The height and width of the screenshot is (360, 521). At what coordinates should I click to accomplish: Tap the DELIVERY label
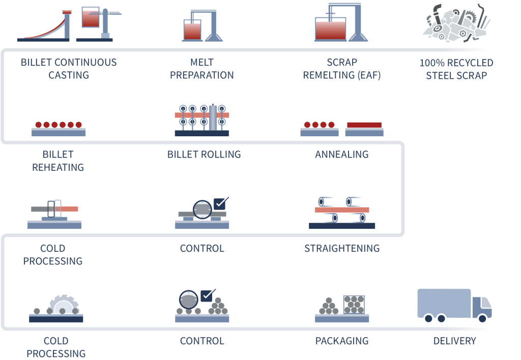pyautogui.click(x=454, y=341)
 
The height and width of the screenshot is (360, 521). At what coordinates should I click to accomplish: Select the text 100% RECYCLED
pyautogui.click(x=456, y=63)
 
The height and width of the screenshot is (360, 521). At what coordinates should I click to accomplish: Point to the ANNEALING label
pyautogui.click(x=341, y=155)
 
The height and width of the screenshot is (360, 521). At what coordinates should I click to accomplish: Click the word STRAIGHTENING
pyautogui.click(x=342, y=249)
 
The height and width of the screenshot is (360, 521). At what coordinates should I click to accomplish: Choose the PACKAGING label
pyautogui.click(x=342, y=341)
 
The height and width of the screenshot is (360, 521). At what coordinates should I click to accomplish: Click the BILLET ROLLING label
pyautogui.click(x=204, y=155)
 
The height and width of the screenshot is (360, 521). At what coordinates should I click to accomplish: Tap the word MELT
pyautogui.click(x=201, y=63)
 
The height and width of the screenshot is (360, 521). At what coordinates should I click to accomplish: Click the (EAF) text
pyautogui.click(x=369, y=75)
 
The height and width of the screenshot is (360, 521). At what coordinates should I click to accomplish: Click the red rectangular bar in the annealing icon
pyautogui.click(x=364, y=125)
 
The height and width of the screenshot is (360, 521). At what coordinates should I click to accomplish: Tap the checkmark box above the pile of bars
pyautogui.click(x=207, y=295)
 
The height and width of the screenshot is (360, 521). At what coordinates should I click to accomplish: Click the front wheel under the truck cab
pyautogui.click(x=482, y=318)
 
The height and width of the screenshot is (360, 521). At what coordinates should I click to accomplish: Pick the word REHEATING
pyautogui.click(x=58, y=167)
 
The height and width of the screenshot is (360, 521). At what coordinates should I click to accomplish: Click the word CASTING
pyautogui.click(x=69, y=75)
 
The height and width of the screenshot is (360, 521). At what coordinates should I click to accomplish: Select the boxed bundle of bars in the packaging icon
pyautogui.click(x=354, y=305)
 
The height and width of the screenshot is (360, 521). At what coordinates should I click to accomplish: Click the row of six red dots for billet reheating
pyautogui.click(x=59, y=125)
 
